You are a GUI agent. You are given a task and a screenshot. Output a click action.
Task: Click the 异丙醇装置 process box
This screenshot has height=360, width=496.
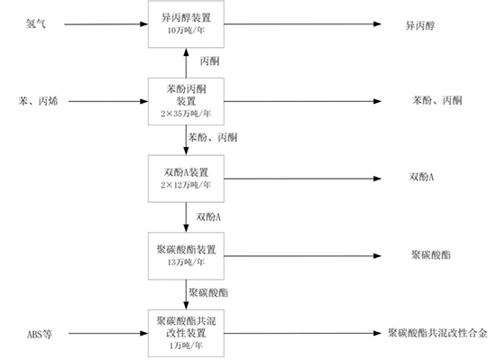click(x=186, y=23)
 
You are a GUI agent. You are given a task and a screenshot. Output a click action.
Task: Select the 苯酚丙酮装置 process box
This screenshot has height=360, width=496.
click(x=186, y=100)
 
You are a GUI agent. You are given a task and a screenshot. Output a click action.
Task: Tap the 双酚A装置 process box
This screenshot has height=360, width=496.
click(x=186, y=177)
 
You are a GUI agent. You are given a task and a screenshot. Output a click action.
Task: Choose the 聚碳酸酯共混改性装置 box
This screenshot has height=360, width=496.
click(x=186, y=331)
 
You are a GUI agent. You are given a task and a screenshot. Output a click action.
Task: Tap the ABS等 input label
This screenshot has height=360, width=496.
click(x=40, y=332)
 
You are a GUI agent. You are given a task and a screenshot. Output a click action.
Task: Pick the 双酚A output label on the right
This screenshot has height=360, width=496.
click(x=420, y=177)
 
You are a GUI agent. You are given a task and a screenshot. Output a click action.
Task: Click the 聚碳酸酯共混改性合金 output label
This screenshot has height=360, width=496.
click(x=438, y=332)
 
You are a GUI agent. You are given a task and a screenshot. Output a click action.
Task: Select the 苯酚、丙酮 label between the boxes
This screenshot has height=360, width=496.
click(x=213, y=137)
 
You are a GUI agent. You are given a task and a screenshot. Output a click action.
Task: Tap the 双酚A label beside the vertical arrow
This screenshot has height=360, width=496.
click(x=208, y=216)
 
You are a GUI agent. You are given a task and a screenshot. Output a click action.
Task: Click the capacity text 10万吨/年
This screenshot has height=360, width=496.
click(x=186, y=31)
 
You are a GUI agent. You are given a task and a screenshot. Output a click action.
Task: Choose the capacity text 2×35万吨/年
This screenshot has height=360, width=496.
click(x=186, y=114)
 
